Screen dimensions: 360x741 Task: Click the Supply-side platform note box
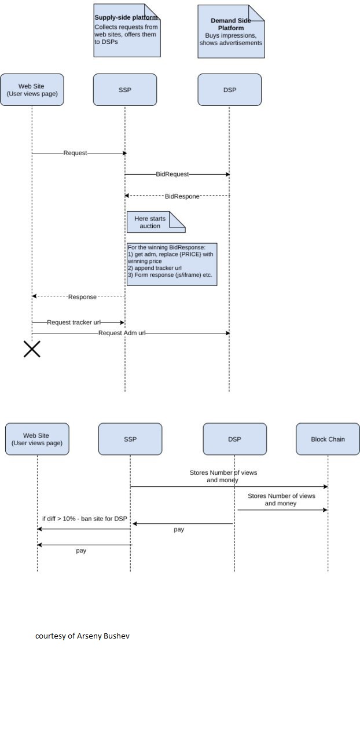[x=127, y=31]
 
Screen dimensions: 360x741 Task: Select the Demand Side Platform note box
[x=232, y=31]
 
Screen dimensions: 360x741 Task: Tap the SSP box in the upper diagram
[x=125, y=90]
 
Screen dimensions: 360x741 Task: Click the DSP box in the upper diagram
[x=230, y=90]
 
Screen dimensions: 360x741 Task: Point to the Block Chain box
[x=328, y=439]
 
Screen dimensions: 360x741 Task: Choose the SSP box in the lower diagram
[x=130, y=439]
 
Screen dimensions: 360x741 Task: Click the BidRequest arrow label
[x=172, y=174]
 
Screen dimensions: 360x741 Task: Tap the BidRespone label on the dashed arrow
[x=182, y=196]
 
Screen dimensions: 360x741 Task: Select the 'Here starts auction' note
[x=156, y=222]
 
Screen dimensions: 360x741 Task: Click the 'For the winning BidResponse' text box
[x=172, y=265]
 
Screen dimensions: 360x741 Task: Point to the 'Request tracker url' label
[x=74, y=322]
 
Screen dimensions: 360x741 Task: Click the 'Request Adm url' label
[x=122, y=333]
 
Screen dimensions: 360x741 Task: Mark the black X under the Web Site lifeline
[x=32, y=349]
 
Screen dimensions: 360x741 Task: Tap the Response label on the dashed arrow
[x=82, y=297]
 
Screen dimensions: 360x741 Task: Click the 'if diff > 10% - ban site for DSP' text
[x=85, y=518]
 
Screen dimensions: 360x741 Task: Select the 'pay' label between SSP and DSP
[x=179, y=529]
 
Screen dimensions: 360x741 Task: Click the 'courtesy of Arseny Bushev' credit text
[x=82, y=636]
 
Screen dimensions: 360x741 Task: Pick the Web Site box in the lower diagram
[x=37, y=439]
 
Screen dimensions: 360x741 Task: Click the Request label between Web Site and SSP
[x=75, y=153]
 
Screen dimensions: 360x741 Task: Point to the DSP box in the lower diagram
[x=234, y=439]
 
